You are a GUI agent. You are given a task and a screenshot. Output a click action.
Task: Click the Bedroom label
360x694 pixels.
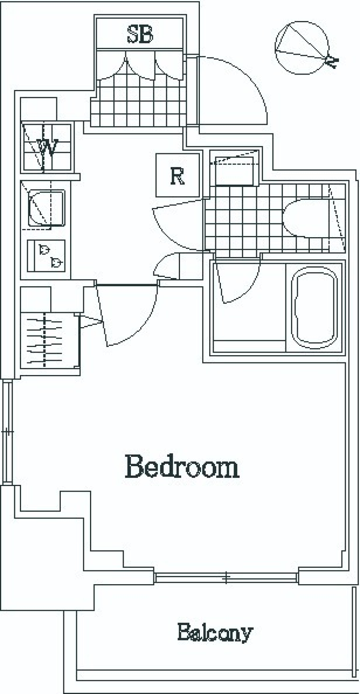[x=182, y=467]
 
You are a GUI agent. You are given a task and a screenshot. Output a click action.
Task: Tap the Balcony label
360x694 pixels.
[x=215, y=633]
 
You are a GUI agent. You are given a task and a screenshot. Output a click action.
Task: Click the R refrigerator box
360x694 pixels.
[x=177, y=175]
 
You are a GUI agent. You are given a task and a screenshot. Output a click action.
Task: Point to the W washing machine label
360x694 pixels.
[x=47, y=147]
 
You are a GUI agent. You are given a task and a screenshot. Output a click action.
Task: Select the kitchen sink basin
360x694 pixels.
[x=46, y=209]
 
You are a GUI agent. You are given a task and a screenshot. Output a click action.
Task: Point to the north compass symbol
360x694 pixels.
[x=304, y=49]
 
